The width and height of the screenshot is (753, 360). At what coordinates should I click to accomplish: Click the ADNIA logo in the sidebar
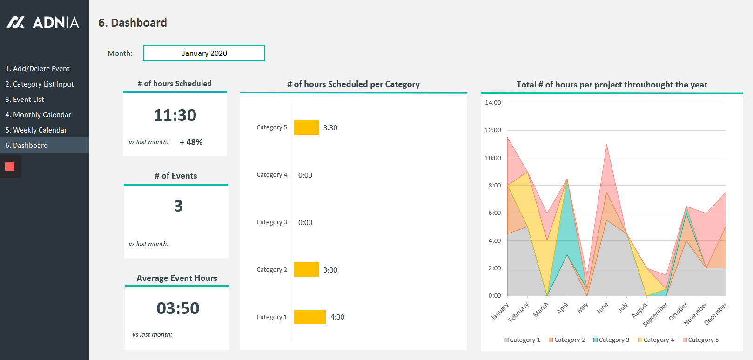[42, 22]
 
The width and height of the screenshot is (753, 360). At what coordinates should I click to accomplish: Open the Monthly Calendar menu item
[38, 115]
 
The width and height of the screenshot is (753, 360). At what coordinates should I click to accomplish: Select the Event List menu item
[25, 100]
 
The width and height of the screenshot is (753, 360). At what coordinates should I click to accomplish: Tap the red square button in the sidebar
[10, 167]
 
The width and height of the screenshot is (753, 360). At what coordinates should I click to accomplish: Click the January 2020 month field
[204, 53]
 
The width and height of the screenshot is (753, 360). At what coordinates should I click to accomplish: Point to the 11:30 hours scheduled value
[175, 115]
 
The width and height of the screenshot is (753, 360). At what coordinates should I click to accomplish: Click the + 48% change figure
[191, 142]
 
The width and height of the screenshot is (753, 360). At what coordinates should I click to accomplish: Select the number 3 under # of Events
[178, 206]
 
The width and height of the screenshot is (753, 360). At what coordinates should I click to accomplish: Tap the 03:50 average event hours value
[178, 308]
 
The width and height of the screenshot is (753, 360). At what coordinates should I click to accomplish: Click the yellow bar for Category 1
[309, 317]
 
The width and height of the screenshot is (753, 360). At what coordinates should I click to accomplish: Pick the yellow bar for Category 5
[306, 127]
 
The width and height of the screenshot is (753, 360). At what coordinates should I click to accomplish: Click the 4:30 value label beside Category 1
[337, 317]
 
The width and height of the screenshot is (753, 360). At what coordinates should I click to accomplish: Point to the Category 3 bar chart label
[272, 222]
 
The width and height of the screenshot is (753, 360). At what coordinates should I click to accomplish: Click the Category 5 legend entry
[700, 340]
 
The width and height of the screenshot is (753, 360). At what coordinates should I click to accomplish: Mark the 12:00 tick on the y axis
[493, 130]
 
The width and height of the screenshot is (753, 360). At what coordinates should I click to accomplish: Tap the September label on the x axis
[655, 314]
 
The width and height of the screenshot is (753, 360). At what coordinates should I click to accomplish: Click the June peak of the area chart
[606, 145]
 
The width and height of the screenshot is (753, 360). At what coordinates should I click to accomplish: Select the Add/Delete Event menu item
[37, 69]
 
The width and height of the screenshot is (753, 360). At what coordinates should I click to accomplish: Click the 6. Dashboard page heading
[133, 23]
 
